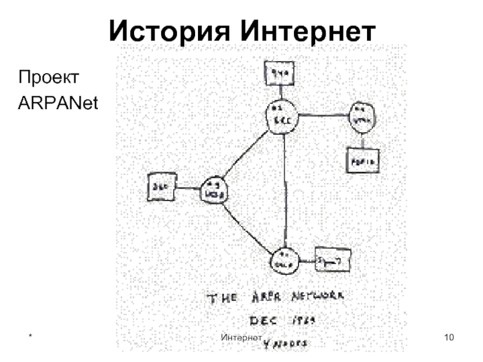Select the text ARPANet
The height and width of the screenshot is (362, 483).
click(x=58, y=103)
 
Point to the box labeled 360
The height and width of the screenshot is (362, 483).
click(x=161, y=187)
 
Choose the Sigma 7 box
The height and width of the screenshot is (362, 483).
click(x=333, y=262)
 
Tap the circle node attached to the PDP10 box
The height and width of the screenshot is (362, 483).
click(x=361, y=118)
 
